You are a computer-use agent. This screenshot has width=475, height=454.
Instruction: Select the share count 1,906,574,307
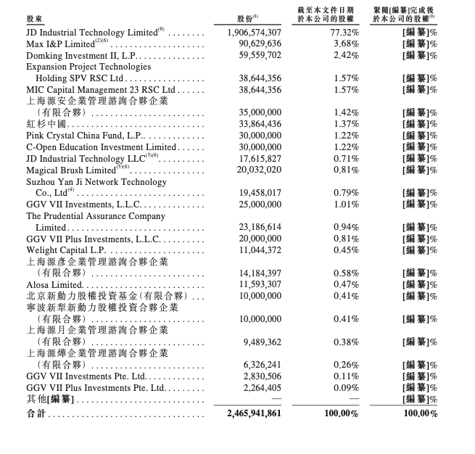254,33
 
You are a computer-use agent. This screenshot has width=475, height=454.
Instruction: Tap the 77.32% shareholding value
344,33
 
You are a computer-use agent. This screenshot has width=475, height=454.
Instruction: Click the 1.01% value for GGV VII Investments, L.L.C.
347,205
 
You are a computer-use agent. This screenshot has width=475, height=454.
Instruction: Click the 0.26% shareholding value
347,365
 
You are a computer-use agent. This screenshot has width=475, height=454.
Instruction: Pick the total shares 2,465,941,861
254,413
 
